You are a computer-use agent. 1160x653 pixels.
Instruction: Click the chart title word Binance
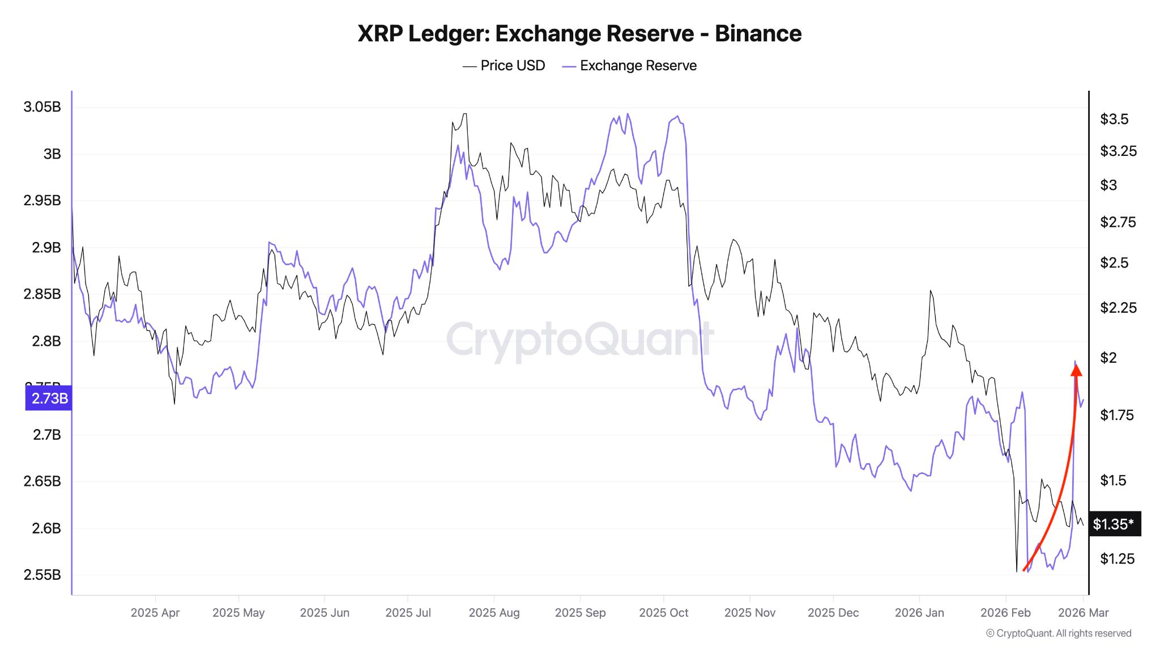[758, 34]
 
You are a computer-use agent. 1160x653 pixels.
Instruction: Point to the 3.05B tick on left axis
[42, 107]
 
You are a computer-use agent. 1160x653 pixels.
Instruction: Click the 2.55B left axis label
[42, 575]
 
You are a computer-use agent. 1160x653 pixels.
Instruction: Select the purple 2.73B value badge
[49, 398]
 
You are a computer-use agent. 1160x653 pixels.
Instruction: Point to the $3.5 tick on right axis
[1114, 119]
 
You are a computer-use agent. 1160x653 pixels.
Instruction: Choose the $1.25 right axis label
[1117, 559]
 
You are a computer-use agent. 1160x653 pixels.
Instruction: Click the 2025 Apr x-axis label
[155, 613]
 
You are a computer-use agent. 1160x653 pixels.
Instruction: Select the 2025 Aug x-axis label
[494, 613]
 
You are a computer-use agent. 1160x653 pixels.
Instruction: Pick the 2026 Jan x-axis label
[919, 613]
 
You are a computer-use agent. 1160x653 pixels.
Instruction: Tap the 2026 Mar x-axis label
[1083, 613]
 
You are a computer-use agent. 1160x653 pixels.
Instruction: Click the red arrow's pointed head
[1076, 370]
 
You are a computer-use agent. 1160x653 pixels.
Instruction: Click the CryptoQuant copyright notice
[1058, 633]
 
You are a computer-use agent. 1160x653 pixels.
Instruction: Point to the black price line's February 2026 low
[1017, 570]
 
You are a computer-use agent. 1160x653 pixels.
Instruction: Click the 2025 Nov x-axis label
[749, 613]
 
